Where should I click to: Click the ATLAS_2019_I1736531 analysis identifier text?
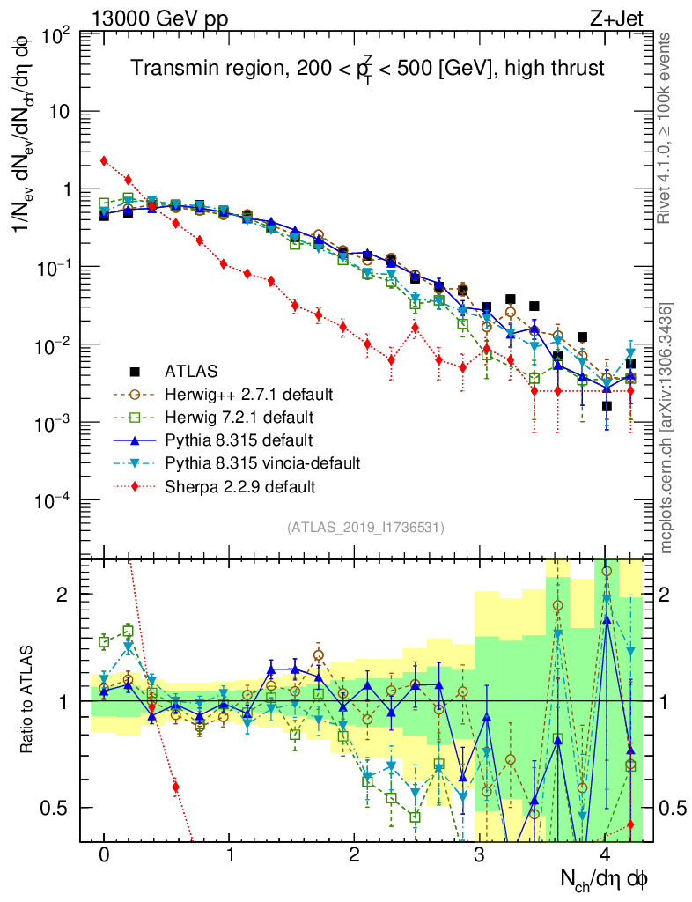coord(365,528)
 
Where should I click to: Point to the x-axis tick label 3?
coord(479,855)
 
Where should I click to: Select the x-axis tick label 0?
coord(104,855)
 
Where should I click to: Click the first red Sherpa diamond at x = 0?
coord(104,160)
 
